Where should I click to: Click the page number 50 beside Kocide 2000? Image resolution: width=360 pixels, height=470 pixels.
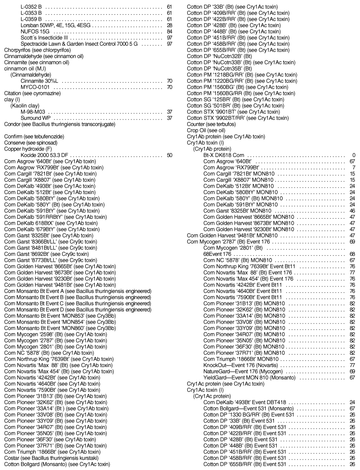point(169,155)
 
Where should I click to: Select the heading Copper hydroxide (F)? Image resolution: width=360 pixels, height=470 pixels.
point(25,149)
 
